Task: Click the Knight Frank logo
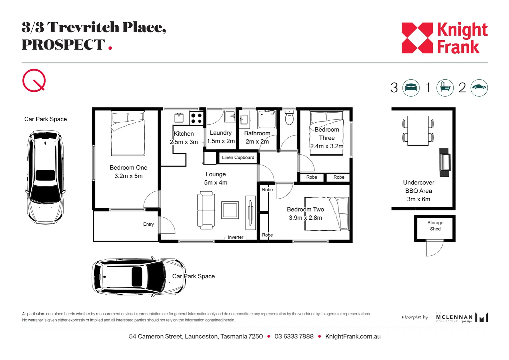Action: coord(444,38)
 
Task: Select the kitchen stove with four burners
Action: coord(196,118)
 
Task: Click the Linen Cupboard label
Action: coord(238,157)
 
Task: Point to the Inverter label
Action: coord(236,237)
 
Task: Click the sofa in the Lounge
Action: coord(206,210)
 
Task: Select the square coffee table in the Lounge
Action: coord(230,210)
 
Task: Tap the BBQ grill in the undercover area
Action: coord(445,162)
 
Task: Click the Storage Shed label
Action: coord(435,226)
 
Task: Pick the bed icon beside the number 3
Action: coord(411,88)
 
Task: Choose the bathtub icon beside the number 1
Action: coord(445,88)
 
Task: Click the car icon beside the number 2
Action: coord(479,88)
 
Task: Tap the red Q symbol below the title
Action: coord(34,80)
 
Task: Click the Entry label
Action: coord(148,224)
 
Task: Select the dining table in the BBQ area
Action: coord(418,131)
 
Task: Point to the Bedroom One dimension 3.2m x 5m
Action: coord(128,176)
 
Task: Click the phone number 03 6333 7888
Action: coord(294,336)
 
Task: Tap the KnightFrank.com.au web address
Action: coord(353,336)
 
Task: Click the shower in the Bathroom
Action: coord(267,120)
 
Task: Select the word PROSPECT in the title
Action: coord(63,45)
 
